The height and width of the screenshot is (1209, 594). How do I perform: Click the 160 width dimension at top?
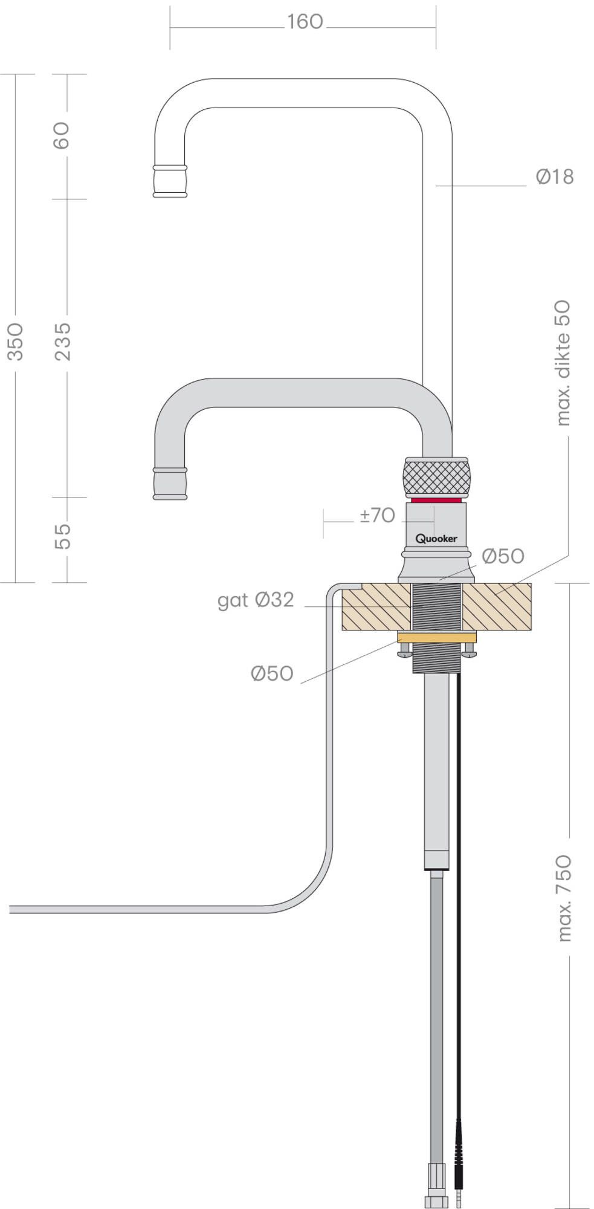coord(305,22)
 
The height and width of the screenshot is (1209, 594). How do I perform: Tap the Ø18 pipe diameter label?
coord(554,177)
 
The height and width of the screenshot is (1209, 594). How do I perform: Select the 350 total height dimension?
coord(15,341)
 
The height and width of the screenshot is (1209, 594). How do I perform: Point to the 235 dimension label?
coord(63,341)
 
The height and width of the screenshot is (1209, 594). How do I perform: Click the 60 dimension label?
coord(62,135)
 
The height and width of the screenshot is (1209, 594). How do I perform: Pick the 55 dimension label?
coord(63,536)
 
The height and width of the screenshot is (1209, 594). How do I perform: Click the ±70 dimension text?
coord(377,515)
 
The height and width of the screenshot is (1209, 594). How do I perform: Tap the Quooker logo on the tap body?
coord(436,538)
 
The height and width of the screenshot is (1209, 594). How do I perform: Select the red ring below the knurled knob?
coord(436,501)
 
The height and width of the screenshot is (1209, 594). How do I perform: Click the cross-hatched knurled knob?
coord(436,478)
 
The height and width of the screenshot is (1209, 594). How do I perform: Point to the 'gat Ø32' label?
coord(256,600)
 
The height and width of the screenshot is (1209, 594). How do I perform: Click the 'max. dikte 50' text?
coord(562,363)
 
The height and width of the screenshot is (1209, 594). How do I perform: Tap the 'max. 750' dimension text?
coord(563,898)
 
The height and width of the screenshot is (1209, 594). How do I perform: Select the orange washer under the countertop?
coord(436,637)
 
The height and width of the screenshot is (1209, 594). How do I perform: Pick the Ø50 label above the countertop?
coord(503,556)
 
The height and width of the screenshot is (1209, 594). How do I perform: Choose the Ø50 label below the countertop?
coord(272,673)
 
